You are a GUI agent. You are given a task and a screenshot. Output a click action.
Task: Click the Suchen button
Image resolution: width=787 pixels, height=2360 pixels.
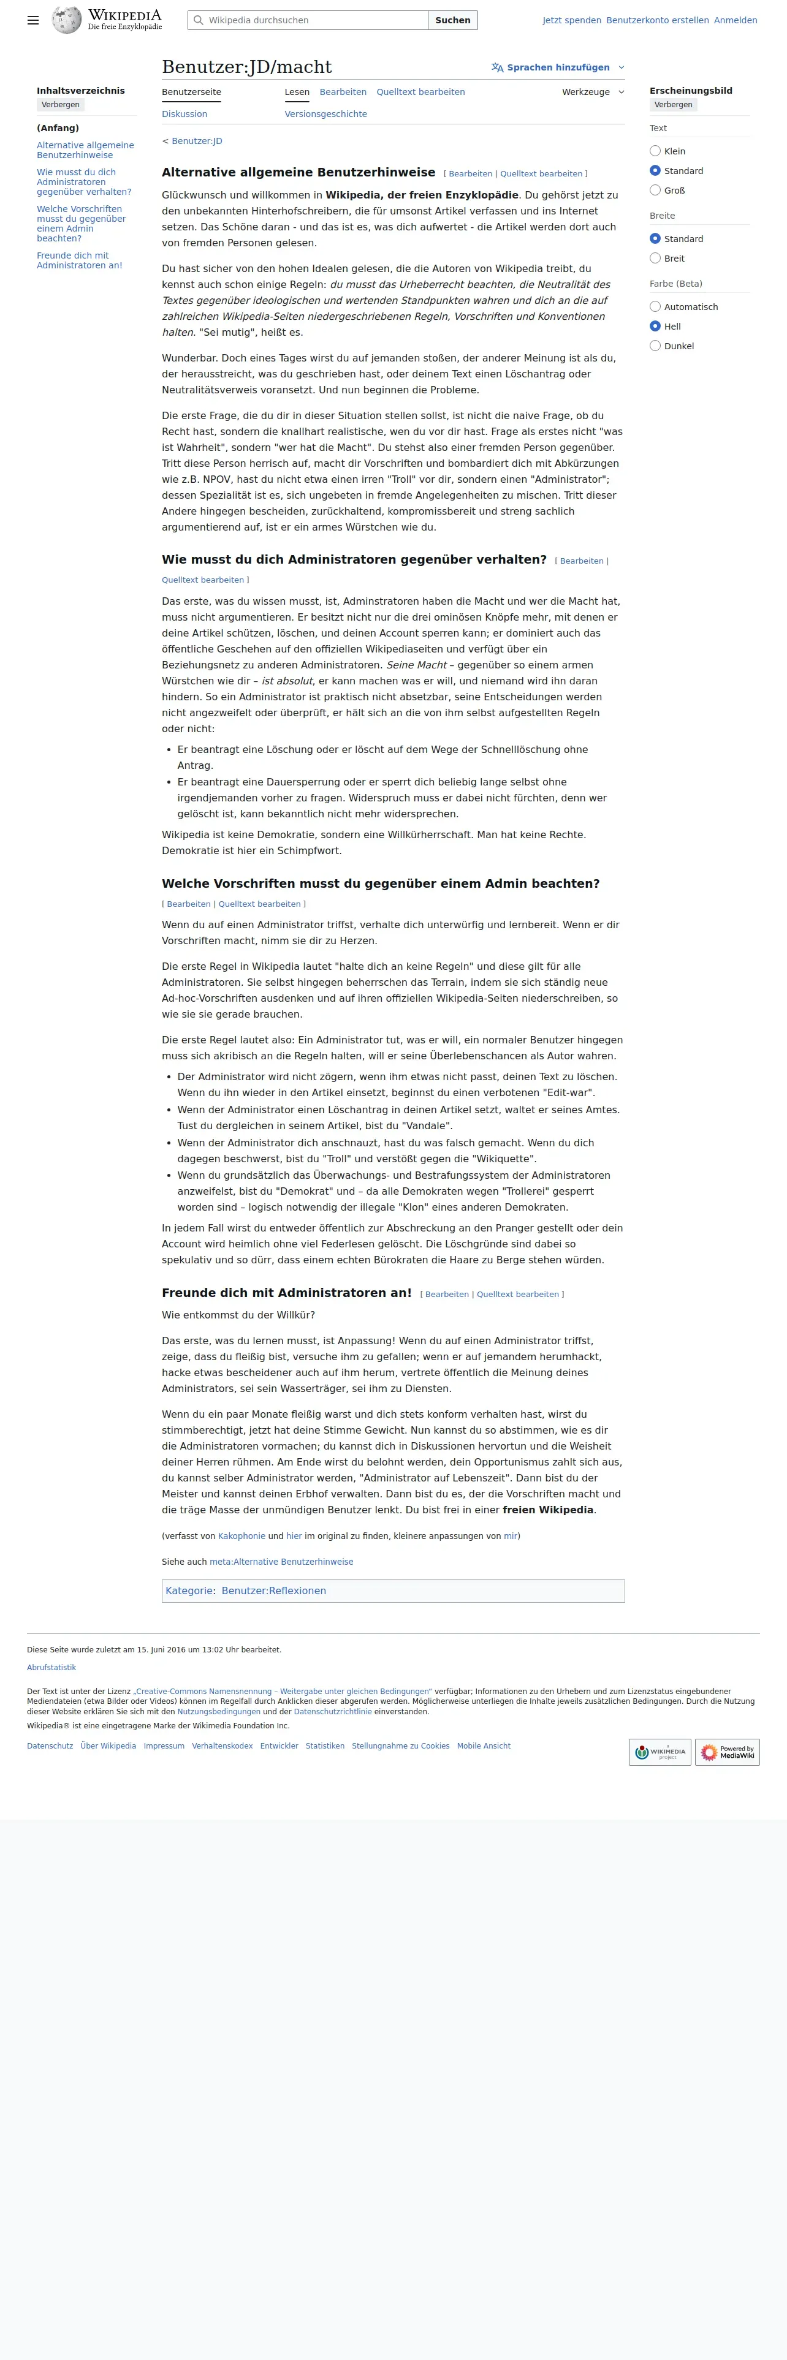tap(452, 20)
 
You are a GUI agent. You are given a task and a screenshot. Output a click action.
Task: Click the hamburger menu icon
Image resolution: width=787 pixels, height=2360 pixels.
tap(33, 20)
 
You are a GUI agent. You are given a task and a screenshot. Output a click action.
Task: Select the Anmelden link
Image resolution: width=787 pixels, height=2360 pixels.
tap(735, 20)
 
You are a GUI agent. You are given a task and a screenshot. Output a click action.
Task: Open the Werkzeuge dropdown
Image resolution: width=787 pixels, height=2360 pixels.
tap(593, 93)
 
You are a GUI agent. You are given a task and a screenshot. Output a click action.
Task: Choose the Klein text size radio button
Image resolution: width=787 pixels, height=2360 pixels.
tap(655, 151)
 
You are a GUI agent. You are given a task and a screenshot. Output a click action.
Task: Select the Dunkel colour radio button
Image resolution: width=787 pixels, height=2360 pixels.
tap(655, 346)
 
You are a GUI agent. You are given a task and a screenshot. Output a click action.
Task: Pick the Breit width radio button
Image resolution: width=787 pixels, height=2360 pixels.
tap(655, 259)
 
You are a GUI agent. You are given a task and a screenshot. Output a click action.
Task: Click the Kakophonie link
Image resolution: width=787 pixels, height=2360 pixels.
tap(241, 1537)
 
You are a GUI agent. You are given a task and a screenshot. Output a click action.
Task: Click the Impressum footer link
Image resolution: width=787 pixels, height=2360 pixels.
tap(164, 1746)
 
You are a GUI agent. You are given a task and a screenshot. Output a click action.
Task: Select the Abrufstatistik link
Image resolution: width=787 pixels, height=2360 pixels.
tap(51, 1668)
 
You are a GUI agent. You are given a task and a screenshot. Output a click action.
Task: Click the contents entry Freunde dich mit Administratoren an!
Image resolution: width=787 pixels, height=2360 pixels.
tap(79, 261)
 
